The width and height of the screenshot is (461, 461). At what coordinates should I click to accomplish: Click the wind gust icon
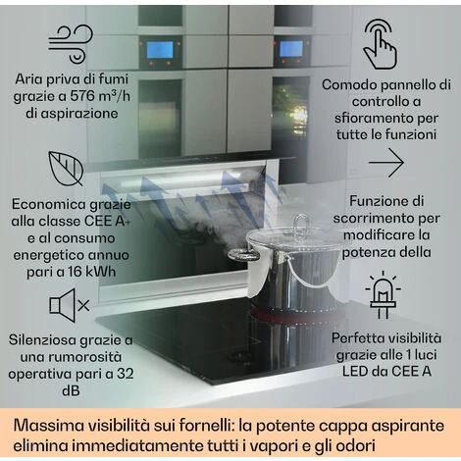coord(71,44)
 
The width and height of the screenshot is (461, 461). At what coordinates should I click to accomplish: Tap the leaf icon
coord(66,168)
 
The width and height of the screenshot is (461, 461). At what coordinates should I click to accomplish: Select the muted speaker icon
coord(69,305)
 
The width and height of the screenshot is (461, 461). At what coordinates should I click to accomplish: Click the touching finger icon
coord(380,44)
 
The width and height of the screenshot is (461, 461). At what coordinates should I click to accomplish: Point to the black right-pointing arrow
coord(386,163)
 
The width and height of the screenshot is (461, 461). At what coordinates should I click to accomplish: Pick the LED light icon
coord(383,295)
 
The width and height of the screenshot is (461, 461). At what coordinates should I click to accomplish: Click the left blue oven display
coord(160,49)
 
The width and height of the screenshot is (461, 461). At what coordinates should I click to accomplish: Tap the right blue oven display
coord(291,49)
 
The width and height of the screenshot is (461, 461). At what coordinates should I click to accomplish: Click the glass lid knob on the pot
coord(301,223)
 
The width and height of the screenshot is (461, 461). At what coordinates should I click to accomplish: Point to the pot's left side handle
coord(242,254)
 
